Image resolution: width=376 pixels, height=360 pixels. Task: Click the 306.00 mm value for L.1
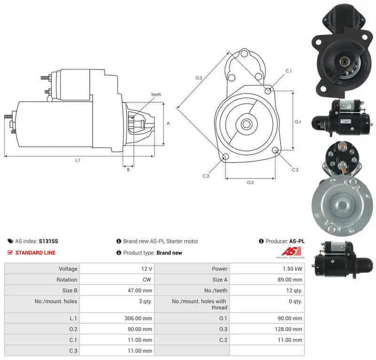pos(138,318)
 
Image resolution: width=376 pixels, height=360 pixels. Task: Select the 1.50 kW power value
pos(292,269)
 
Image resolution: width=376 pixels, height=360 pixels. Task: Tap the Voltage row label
pos(68,269)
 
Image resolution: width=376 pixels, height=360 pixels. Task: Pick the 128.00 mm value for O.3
pos(288,329)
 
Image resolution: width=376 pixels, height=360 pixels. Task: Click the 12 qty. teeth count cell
pos(294,291)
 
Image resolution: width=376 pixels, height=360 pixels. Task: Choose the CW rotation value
pos(147,280)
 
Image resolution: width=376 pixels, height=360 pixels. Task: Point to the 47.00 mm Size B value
pos(140,291)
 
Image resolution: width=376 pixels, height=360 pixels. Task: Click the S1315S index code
pos(48,241)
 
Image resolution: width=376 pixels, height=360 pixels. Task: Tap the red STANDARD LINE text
pos(36,253)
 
